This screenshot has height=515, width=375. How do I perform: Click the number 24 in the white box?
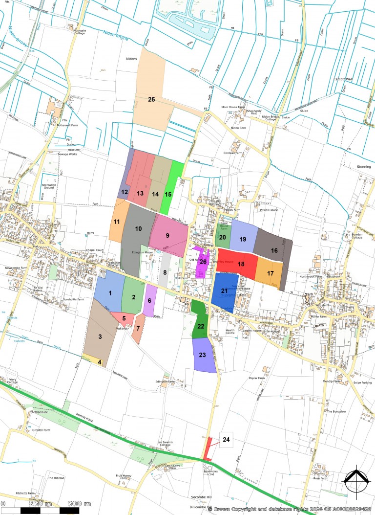click(x=226, y=440)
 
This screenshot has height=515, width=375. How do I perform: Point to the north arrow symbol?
click(x=355, y=480)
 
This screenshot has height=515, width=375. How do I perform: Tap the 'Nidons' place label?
click(x=131, y=58)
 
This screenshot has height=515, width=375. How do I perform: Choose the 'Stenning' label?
click(x=364, y=167)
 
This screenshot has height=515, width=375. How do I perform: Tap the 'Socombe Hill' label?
click(x=201, y=497)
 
